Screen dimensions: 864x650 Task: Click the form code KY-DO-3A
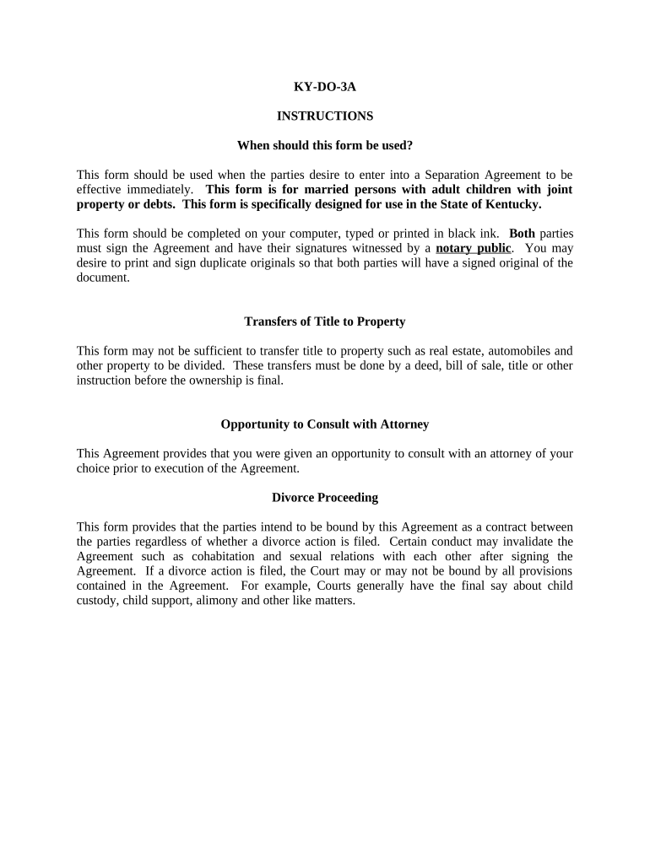click(x=324, y=86)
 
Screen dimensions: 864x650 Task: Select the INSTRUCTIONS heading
click(x=324, y=116)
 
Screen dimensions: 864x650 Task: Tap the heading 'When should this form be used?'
click(x=324, y=145)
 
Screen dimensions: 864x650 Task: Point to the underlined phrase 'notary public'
click(x=474, y=248)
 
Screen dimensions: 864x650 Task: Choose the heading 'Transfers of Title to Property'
click(x=324, y=321)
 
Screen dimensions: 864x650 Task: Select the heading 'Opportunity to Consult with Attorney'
click(x=324, y=424)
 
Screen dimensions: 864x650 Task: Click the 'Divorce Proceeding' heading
click(x=324, y=497)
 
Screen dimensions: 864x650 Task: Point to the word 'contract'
click(x=505, y=526)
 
